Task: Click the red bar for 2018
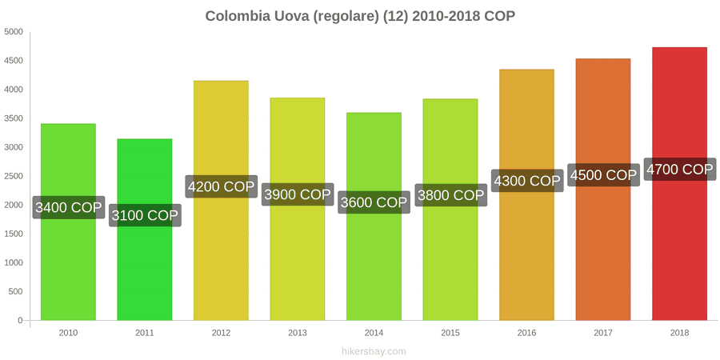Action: tap(679, 184)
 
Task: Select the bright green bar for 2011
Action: tap(145, 230)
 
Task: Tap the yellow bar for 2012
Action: tap(221, 201)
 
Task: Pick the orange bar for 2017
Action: tap(603, 189)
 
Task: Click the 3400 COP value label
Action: tap(69, 207)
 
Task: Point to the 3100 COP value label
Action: tap(145, 215)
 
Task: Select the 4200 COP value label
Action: tap(221, 186)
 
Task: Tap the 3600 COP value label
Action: tap(374, 202)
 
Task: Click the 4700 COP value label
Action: tap(679, 170)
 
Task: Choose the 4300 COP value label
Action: tap(526, 181)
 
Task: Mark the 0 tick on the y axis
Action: tap(20, 321)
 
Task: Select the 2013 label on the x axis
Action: tap(298, 333)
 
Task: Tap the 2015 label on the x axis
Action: tap(450, 333)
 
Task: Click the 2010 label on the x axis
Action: tap(69, 333)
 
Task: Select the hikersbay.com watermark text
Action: tap(374, 351)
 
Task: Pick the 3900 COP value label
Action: tap(298, 194)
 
